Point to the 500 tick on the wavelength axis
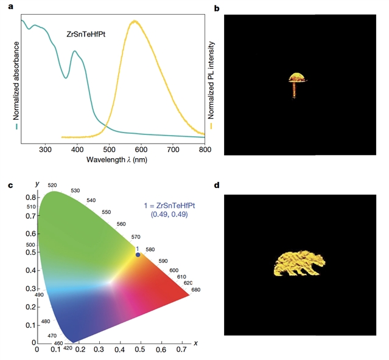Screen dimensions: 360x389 [109, 148]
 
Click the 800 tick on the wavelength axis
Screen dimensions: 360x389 [205, 148]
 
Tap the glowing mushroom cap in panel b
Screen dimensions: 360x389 [297, 77]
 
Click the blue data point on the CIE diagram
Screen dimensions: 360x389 [138, 255]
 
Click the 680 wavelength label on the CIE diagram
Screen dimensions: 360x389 [195, 289]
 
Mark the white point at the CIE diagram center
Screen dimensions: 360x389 [110, 282]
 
